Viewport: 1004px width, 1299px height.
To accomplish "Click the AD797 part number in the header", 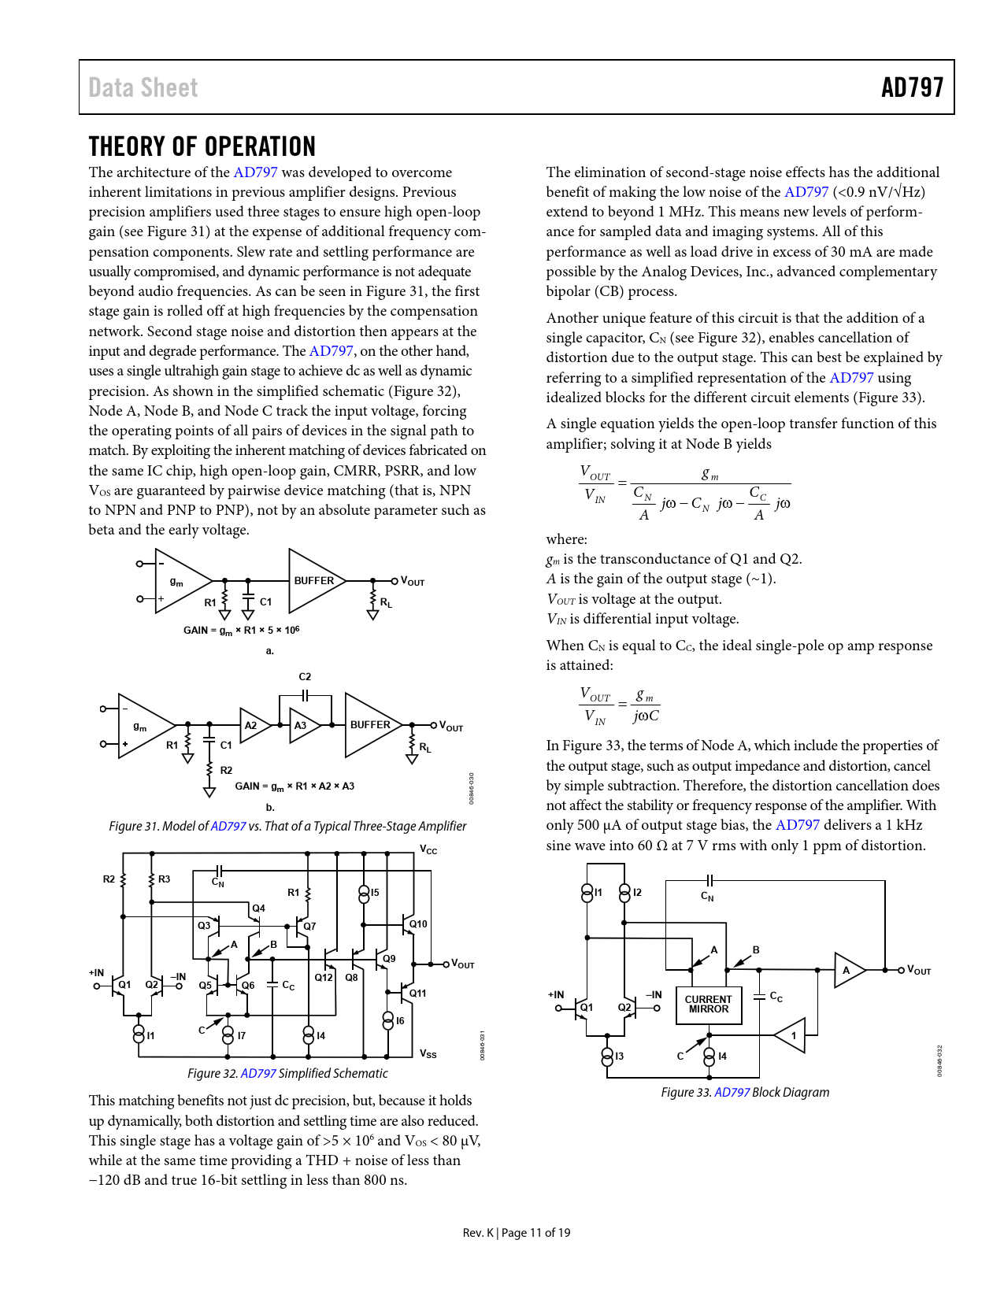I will (912, 87).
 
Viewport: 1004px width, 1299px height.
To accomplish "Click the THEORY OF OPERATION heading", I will (202, 146).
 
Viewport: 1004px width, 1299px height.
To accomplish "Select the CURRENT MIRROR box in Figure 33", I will (708, 1005).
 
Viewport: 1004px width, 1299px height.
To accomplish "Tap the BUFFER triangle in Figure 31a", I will (313, 581).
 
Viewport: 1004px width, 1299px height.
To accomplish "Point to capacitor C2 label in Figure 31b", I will (305, 676).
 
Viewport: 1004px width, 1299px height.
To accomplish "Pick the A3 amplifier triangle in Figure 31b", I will (302, 725).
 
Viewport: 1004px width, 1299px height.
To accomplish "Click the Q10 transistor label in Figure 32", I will (418, 923).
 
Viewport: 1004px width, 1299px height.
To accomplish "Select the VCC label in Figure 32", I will (428, 850).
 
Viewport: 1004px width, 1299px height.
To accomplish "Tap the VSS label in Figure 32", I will (428, 1053).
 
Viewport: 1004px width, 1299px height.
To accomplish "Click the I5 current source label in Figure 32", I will (375, 893).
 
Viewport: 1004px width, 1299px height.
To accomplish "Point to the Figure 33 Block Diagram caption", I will (745, 1092).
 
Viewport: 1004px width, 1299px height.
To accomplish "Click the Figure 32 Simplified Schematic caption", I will (287, 1073).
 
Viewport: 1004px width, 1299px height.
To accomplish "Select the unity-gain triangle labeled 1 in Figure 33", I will (791, 1035).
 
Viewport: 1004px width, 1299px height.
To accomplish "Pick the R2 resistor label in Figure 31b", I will (226, 770).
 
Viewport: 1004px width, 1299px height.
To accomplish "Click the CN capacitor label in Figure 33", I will (707, 896).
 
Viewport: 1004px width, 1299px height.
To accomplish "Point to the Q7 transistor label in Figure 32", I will (309, 927).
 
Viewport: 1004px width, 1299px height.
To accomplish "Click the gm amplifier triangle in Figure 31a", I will (180, 582).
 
